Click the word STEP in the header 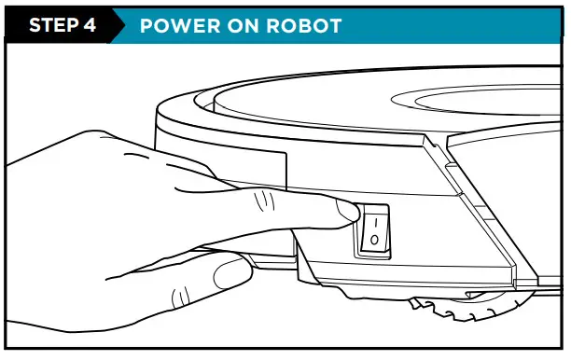click(x=55, y=25)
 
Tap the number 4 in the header click(x=91, y=25)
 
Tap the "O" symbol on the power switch click(x=372, y=242)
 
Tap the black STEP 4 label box click(x=62, y=25)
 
